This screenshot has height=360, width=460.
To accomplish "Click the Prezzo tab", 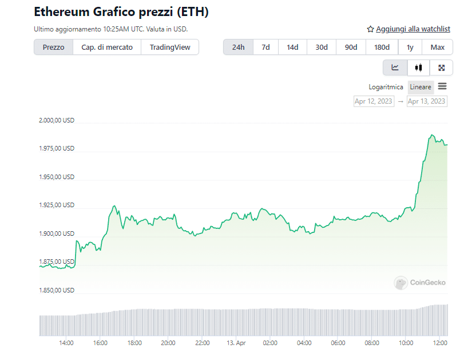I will (x=53, y=47).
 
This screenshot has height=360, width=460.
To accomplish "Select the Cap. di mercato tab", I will (x=107, y=47).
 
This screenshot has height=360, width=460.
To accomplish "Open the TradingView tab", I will (x=170, y=47).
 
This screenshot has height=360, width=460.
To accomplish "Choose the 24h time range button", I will (x=238, y=47).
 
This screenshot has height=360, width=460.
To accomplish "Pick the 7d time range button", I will (x=265, y=47).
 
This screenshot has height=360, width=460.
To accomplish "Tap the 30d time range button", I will (x=322, y=47).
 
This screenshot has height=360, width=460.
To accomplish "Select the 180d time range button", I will (x=382, y=47).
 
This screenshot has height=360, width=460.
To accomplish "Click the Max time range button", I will (x=438, y=47).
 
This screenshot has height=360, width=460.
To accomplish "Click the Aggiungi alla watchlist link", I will (x=409, y=29).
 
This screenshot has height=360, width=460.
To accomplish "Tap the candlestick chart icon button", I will (x=418, y=68).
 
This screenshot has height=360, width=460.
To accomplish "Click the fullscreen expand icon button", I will (x=441, y=68).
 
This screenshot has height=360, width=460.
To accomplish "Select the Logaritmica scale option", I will (x=386, y=87).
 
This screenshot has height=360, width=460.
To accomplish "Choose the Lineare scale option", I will (x=421, y=87).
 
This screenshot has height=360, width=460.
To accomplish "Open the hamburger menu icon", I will (x=442, y=87).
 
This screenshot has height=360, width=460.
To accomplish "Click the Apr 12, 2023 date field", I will (x=374, y=101).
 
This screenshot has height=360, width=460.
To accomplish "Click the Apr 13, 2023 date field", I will (x=426, y=101).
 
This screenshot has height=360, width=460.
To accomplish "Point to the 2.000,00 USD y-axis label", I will (x=56, y=121).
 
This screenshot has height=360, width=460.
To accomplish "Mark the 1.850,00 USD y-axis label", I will (x=56, y=290).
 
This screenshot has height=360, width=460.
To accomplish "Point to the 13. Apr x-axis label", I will (x=236, y=343).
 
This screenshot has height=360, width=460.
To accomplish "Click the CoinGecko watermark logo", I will (x=417, y=282).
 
